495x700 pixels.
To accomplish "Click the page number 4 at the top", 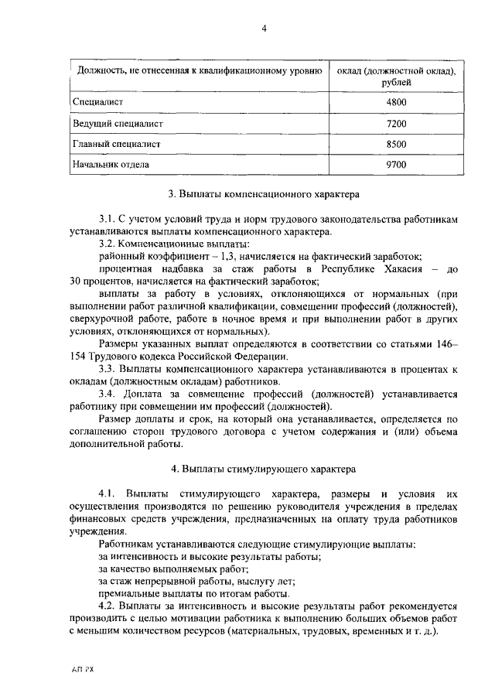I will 264,29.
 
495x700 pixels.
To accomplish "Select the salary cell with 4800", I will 395,102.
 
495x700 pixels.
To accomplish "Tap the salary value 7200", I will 395,123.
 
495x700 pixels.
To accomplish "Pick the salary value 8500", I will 395,144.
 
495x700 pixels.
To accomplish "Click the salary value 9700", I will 395,164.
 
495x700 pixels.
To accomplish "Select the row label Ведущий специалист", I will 118,123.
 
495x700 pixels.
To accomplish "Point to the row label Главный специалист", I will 116,144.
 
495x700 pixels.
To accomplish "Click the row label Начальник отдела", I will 111,164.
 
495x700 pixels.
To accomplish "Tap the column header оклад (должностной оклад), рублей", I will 395,76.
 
